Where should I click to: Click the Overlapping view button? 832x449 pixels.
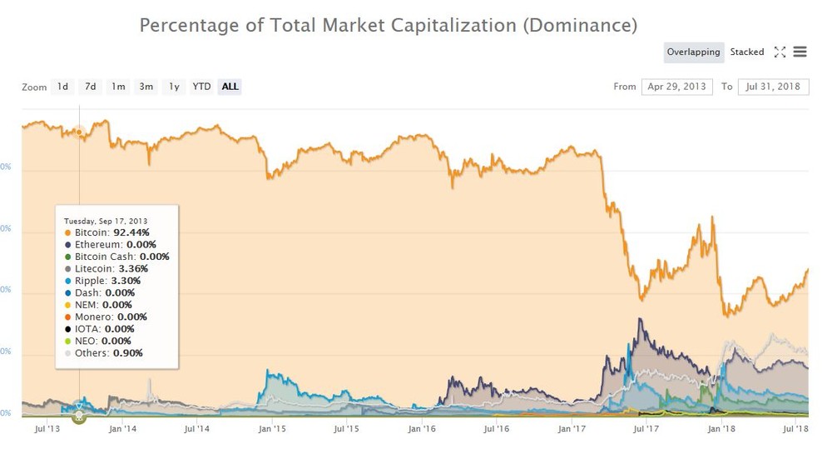tap(693, 52)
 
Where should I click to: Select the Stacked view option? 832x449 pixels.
tap(746, 52)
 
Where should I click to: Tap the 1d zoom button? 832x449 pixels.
tap(62, 87)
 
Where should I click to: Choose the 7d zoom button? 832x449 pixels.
tap(90, 87)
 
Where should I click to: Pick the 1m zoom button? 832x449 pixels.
tap(118, 87)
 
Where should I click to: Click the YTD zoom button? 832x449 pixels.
tap(201, 87)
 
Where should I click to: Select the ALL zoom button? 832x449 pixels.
tap(230, 87)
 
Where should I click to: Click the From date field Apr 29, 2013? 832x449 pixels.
tap(676, 87)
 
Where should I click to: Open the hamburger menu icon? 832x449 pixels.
tap(800, 52)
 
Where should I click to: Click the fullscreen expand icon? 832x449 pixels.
tap(780, 52)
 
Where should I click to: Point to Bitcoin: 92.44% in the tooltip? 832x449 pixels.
tap(111, 232)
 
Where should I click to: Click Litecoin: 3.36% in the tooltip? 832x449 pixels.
tap(111, 269)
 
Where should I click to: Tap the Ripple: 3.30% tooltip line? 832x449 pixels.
tap(109, 281)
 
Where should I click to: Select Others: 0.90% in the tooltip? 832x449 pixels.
tap(109, 353)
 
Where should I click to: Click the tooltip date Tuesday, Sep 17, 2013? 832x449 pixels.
tap(106, 221)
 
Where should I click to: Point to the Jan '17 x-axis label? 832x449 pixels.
tap(572, 429)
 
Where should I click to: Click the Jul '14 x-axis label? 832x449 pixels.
tap(198, 429)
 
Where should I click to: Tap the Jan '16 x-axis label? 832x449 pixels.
tap(422, 429)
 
